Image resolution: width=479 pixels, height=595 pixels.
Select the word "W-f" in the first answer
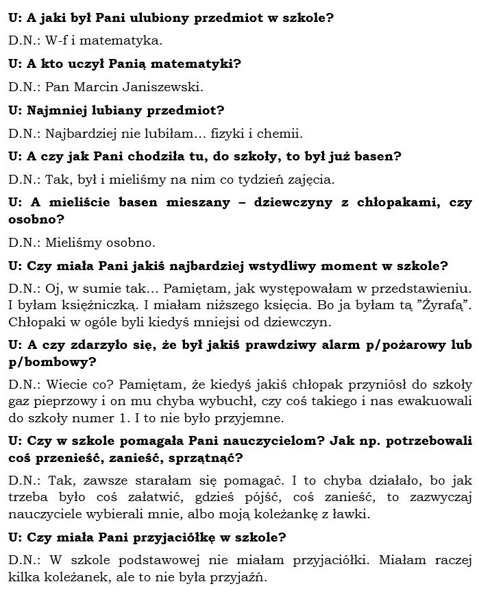coord(56,40)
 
